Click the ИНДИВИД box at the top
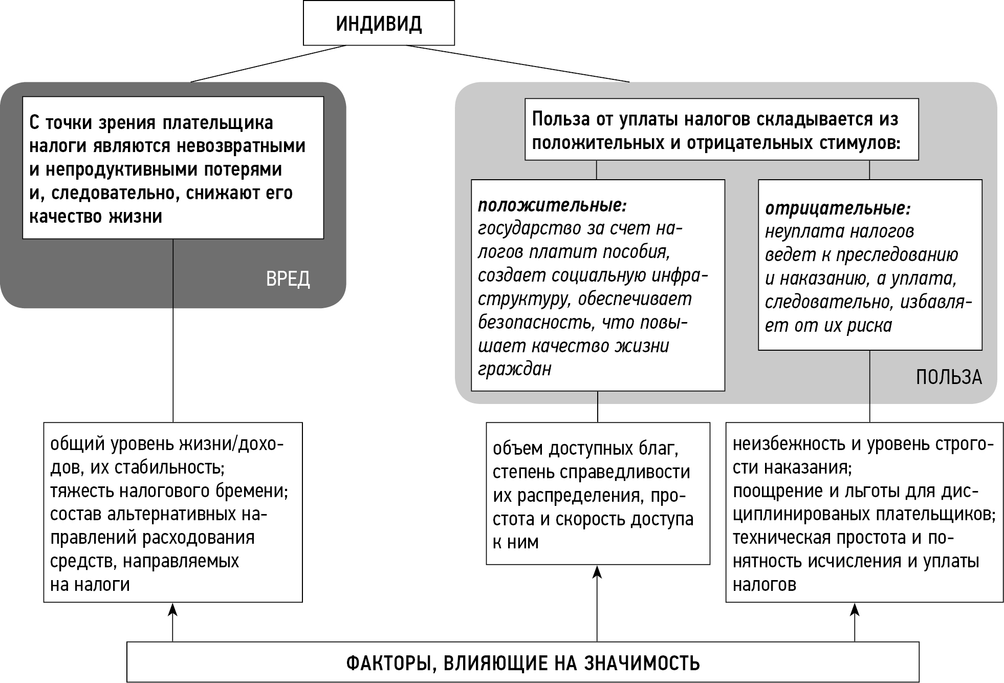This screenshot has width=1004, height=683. [x=379, y=24]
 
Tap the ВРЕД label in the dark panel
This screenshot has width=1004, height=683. [x=288, y=280]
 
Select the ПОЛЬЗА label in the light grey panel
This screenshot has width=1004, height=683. [x=948, y=377]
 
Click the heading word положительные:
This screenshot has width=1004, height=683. [x=552, y=206]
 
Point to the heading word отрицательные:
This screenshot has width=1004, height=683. [x=838, y=209]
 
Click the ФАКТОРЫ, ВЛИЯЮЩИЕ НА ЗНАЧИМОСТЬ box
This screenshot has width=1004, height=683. [x=522, y=663]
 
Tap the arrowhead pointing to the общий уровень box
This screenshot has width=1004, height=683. [x=173, y=609]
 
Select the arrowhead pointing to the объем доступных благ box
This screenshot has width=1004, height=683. [x=597, y=571]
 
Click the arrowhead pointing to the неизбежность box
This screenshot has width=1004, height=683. [x=855, y=609]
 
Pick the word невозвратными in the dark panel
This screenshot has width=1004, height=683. [x=241, y=146]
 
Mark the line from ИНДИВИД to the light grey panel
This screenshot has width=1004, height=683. [x=517, y=63]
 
